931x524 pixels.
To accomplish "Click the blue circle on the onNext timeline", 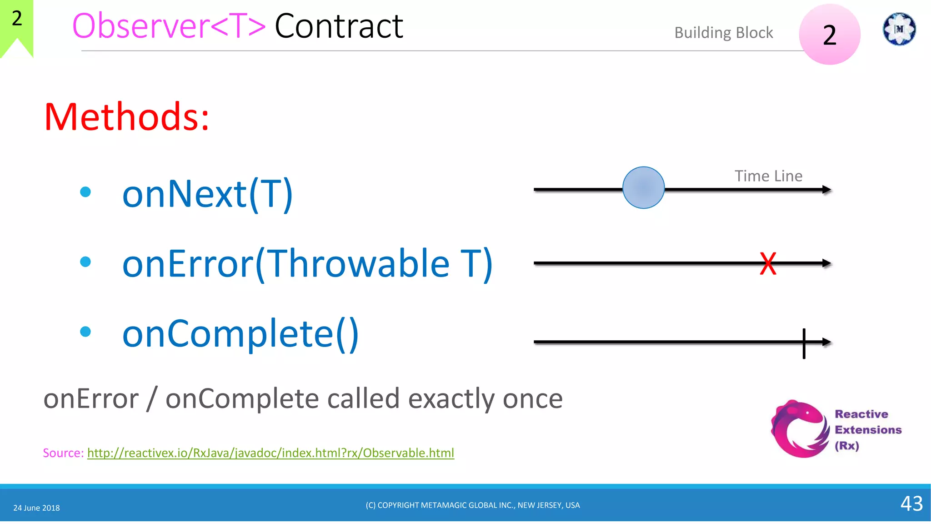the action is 643,187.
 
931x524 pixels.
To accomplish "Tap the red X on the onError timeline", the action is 768,263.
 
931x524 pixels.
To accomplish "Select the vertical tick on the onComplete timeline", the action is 804,343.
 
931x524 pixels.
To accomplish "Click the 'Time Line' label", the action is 768,176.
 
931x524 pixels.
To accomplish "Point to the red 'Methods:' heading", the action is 126,117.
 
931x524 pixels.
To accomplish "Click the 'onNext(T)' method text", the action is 207,194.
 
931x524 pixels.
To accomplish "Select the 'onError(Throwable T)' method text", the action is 307,264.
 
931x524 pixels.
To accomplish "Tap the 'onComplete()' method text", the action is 240,333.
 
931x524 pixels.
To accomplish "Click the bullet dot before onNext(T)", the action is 85,192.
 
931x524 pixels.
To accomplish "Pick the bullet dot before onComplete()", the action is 85,332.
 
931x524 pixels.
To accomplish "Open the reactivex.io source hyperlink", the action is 270,453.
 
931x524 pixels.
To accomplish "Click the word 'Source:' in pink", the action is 63,453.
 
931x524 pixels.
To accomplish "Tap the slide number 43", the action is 911,504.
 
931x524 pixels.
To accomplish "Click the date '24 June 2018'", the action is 36,508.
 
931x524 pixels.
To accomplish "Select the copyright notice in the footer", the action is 473,505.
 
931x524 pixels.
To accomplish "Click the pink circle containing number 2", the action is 830,35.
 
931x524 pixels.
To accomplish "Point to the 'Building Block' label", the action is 723,33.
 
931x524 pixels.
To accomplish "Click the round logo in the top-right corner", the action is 899,29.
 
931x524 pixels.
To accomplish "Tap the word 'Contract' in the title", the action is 339,26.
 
